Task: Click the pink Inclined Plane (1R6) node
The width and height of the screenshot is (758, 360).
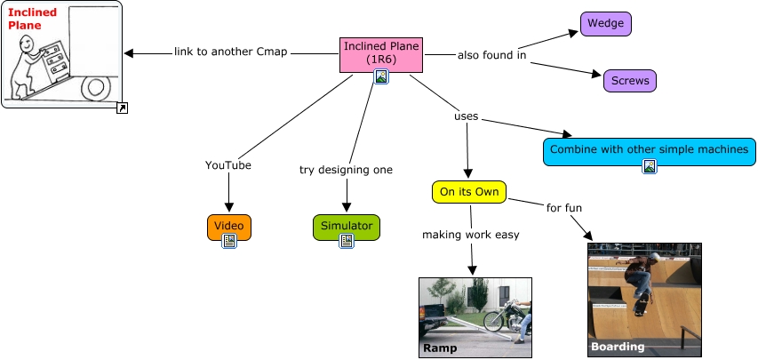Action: tap(381, 52)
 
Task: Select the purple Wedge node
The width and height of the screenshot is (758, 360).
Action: tap(606, 24)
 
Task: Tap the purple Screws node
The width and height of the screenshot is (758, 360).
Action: tap(630, 81)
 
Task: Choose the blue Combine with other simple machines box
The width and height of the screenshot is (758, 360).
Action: tap(649, 149)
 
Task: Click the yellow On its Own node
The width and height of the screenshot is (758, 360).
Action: tap(470, 191)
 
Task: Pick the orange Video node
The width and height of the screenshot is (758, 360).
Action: tap(229, 226)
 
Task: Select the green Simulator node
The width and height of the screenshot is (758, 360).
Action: tap(347, 226)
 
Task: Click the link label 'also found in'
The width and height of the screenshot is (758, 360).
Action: tap(492, 55)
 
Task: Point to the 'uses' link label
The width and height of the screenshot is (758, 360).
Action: tap(467, 116)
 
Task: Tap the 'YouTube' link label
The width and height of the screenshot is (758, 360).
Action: tap(228, 165)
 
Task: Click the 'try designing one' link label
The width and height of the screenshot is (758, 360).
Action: tap(346, 169)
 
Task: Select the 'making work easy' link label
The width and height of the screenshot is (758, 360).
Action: tap(471, 235)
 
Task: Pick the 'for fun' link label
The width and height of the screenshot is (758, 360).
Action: tap(564, 208)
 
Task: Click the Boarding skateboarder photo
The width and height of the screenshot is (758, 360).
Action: tap(644, 300)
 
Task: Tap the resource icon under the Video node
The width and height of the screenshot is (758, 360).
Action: tap(229, 241)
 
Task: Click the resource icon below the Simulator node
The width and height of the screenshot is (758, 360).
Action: tap(347, 241)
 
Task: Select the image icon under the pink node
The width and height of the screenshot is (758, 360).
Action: tap(381, 77)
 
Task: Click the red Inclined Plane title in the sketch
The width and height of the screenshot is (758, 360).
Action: tap(32, 19)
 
